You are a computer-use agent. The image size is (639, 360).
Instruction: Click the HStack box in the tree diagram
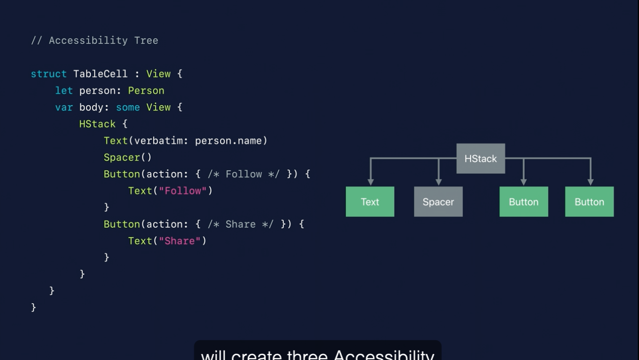480,159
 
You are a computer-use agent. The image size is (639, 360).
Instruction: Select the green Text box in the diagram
370,202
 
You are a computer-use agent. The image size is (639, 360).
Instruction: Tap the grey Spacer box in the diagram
438,202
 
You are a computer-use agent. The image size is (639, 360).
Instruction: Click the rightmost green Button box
589,202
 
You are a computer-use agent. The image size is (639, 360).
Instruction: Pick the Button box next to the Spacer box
524,202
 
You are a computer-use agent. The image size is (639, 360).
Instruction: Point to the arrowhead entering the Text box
370,182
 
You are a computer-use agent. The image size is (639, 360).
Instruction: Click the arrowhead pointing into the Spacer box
438,182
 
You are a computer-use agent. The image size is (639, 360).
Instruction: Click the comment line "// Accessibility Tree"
94,41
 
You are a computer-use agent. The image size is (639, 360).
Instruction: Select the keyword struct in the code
49,74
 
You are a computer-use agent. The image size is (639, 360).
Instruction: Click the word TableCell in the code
100,74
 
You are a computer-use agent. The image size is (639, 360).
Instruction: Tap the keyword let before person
64,91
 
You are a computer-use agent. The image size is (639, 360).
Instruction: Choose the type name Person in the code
146,91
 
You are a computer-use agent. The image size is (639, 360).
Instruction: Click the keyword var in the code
64,107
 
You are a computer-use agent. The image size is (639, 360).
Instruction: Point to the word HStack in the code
97,124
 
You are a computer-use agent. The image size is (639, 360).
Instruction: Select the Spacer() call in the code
128,158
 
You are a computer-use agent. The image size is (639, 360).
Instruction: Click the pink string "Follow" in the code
182,191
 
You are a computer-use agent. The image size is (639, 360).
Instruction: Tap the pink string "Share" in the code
179,241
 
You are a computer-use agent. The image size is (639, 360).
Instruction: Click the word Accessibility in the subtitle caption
384,354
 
